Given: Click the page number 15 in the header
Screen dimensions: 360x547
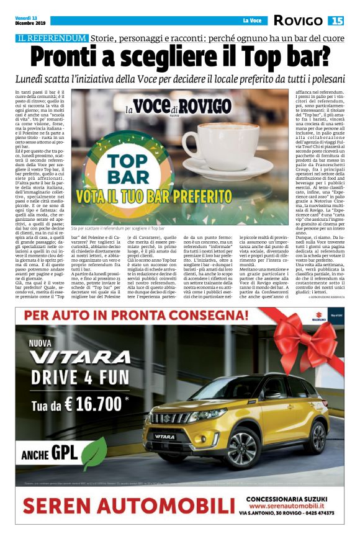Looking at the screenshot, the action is pos(337,20).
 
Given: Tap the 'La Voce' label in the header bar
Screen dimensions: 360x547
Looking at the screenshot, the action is pos(251,20).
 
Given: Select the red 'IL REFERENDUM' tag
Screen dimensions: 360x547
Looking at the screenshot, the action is pos(52,38).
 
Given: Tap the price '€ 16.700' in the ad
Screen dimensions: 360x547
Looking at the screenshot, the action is pos(88,404).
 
